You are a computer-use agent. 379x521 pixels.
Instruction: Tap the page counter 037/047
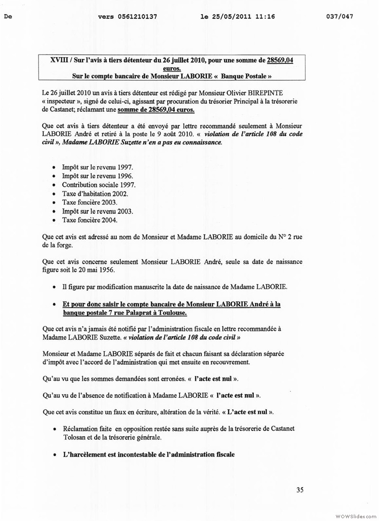[340, 17]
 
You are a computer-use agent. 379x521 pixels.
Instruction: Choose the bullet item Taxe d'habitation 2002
[95, 194]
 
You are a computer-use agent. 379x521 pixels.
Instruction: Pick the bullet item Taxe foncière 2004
[90, 220]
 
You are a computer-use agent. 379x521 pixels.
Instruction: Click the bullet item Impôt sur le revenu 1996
[97, 176]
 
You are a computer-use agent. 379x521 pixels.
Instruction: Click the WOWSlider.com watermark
[355, 516]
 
